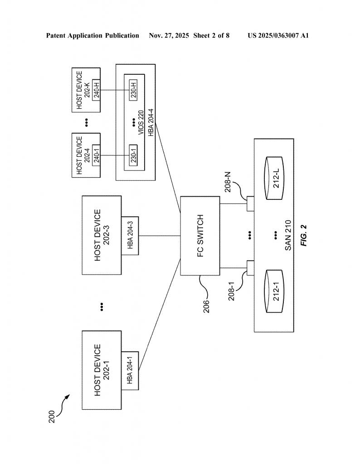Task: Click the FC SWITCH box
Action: (x=200, y=236)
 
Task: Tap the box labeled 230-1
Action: (x=133, y=155)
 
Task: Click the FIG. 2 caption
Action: (x=304, y=236)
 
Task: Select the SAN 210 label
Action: (x=288, y=236)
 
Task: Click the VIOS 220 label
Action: (x=141, y=123)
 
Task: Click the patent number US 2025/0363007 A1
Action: (x=278, y=35)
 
